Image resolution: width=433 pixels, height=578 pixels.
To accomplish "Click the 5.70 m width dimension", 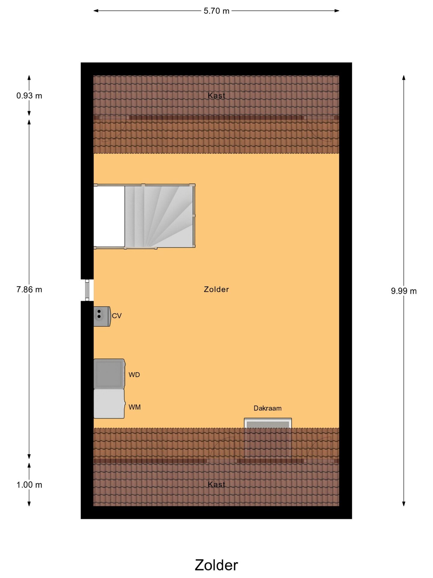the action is (216, 11).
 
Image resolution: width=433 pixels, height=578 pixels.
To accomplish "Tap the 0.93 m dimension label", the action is (29, 96).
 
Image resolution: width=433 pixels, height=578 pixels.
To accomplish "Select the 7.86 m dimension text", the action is (29, 290).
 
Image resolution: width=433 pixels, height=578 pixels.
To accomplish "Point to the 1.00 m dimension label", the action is (29, 485).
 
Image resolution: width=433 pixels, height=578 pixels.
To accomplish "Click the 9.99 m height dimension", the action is (404, 291).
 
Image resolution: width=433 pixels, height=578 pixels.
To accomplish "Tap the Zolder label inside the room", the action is (216, 289).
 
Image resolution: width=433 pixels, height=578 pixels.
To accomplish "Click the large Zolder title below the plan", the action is (216, 565).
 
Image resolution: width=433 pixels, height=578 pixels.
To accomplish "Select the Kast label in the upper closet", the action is (216, 96).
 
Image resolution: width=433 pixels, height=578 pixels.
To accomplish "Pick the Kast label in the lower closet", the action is (216, 484).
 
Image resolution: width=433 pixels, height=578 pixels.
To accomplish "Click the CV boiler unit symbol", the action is (102, 316).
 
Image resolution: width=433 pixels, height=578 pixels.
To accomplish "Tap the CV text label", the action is (117, 316).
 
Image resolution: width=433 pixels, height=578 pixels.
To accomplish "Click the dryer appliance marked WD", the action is (109, 374).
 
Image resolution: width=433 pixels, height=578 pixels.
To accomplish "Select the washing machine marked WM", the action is (109, 404).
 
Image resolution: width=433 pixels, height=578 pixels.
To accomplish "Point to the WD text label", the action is (134, 375).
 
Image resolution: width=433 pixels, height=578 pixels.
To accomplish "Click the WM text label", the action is (134, 407).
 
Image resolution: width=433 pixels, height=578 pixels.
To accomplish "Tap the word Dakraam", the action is (268, 408).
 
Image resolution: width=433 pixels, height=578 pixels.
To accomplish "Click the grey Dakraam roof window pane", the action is (268, 425).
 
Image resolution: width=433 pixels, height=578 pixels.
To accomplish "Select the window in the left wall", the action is (87, 290).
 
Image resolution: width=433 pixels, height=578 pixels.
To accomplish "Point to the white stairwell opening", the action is (109, 216).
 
